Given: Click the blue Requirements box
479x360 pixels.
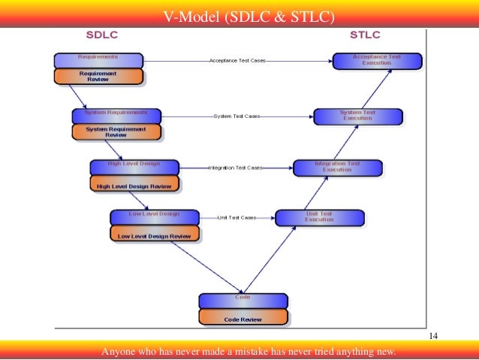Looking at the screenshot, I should click(98, 60).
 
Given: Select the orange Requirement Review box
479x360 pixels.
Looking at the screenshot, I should click(98, 76).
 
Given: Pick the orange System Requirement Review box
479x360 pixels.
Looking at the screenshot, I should click(116, 132).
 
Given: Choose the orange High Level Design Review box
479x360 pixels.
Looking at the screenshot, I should click(134, 184).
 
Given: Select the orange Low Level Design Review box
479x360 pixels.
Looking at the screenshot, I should click(155, 235).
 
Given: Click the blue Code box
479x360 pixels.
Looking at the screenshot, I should click(243, 301).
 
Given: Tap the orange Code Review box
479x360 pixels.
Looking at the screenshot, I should click(243, 318).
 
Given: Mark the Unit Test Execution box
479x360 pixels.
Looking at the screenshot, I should click(319, 217).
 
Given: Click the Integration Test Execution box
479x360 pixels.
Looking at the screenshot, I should click(337, 167).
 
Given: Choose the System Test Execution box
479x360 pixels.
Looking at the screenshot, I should click(357, 116).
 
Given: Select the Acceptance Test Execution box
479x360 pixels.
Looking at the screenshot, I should click(376, 60).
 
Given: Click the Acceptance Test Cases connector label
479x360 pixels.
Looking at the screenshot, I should click(237, 60).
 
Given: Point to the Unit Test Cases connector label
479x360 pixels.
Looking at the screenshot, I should click(236, 217).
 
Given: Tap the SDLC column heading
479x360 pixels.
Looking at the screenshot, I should click(102, 35).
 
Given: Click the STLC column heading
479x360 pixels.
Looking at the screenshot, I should click(365, 35).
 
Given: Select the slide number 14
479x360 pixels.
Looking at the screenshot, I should click(433, 335).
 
